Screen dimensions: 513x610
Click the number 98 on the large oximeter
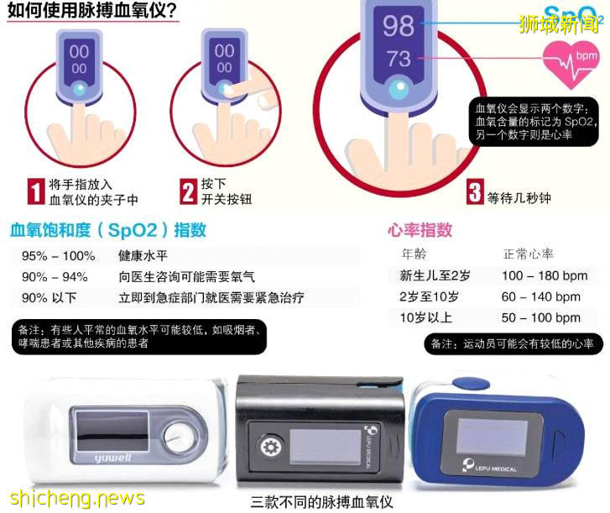399,24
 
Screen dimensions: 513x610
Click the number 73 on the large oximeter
399,60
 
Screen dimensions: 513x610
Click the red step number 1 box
35,191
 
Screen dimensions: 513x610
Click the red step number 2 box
189,191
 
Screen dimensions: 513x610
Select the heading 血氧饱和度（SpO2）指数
108,230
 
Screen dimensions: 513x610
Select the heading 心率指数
420,230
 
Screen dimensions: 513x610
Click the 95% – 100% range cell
58,255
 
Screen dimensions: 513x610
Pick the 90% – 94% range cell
55,276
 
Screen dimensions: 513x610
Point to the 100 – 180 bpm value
545,275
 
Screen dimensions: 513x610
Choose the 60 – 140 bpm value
541,296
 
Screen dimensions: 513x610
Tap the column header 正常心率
528,254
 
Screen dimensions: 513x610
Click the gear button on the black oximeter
270,445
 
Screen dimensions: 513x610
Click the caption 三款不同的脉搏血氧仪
322,502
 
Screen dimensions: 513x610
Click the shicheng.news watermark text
73,498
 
